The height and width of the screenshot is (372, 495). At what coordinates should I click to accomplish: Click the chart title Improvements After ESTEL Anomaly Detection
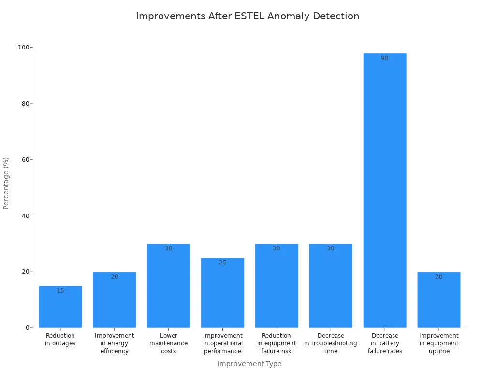point(247,16)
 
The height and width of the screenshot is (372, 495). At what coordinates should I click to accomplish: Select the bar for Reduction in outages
point(60,307)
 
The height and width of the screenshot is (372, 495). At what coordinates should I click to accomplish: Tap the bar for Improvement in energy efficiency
point(115,300)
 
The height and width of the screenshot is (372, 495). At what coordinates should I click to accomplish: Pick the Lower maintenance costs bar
point(169,286)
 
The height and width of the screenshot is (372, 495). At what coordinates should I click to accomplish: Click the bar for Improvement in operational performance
point(223,293)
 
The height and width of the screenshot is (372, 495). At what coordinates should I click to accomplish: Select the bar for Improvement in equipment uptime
point(439,300)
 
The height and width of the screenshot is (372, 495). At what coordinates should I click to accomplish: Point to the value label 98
point(385,58)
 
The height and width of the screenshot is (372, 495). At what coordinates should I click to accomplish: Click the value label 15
point(60,291)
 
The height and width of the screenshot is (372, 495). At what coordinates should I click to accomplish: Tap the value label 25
point(223,263)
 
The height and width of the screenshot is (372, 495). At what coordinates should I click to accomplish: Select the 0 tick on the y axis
point(28,328)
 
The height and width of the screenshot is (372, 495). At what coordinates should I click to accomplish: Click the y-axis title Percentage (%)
point(6,183)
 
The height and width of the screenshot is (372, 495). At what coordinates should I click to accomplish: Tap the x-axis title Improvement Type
point(249,364)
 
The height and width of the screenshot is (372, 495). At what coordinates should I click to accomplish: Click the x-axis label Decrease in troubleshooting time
point(331,343)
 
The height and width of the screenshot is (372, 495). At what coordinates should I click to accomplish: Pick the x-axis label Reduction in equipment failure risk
point(277,343)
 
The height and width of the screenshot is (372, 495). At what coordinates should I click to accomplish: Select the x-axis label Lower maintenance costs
point(169,343)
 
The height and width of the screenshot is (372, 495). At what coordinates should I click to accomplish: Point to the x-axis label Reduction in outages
point(60,340)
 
